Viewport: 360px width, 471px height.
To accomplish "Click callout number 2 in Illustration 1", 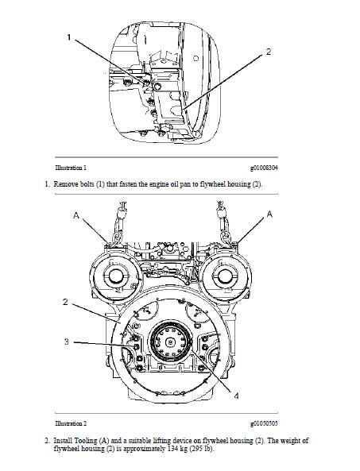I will [268, 52].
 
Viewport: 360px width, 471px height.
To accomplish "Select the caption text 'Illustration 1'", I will [71, 168].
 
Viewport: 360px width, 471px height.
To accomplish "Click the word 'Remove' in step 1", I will [66, 184].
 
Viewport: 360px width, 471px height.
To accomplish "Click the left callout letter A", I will [77, 214].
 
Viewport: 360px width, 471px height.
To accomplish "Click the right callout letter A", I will [269, 214].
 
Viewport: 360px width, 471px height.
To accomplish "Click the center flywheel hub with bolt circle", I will [173, 344].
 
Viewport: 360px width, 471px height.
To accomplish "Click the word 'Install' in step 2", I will [64, 440].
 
